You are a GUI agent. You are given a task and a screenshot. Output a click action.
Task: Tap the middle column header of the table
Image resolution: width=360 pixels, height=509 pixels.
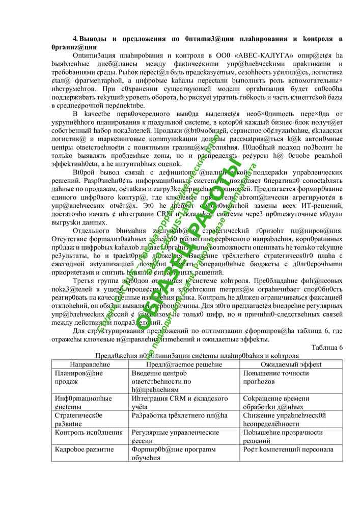181,364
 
